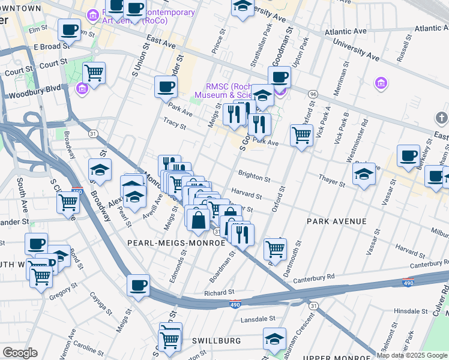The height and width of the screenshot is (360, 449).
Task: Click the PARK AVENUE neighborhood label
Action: click(336, 221)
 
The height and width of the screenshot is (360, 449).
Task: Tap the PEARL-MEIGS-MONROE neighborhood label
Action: click(176, 243)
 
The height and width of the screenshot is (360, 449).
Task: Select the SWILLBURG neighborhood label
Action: click(216, 341)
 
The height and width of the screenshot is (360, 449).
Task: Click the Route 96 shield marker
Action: click(313, 94)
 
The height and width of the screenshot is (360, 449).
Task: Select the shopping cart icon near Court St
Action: click(94, 73)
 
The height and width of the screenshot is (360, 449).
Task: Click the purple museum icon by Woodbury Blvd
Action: click(82, 89)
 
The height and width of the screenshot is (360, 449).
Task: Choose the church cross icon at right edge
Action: click(442, 118)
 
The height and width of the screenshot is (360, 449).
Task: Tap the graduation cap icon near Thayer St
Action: click(364, 174)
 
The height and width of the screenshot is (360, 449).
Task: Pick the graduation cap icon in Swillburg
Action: click(274, 338)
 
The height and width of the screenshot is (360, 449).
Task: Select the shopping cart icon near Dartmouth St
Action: click(274, 247)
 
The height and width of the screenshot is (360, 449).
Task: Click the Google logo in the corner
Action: click(20, 353)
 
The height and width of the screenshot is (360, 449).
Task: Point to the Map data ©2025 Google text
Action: click(412, 355)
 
